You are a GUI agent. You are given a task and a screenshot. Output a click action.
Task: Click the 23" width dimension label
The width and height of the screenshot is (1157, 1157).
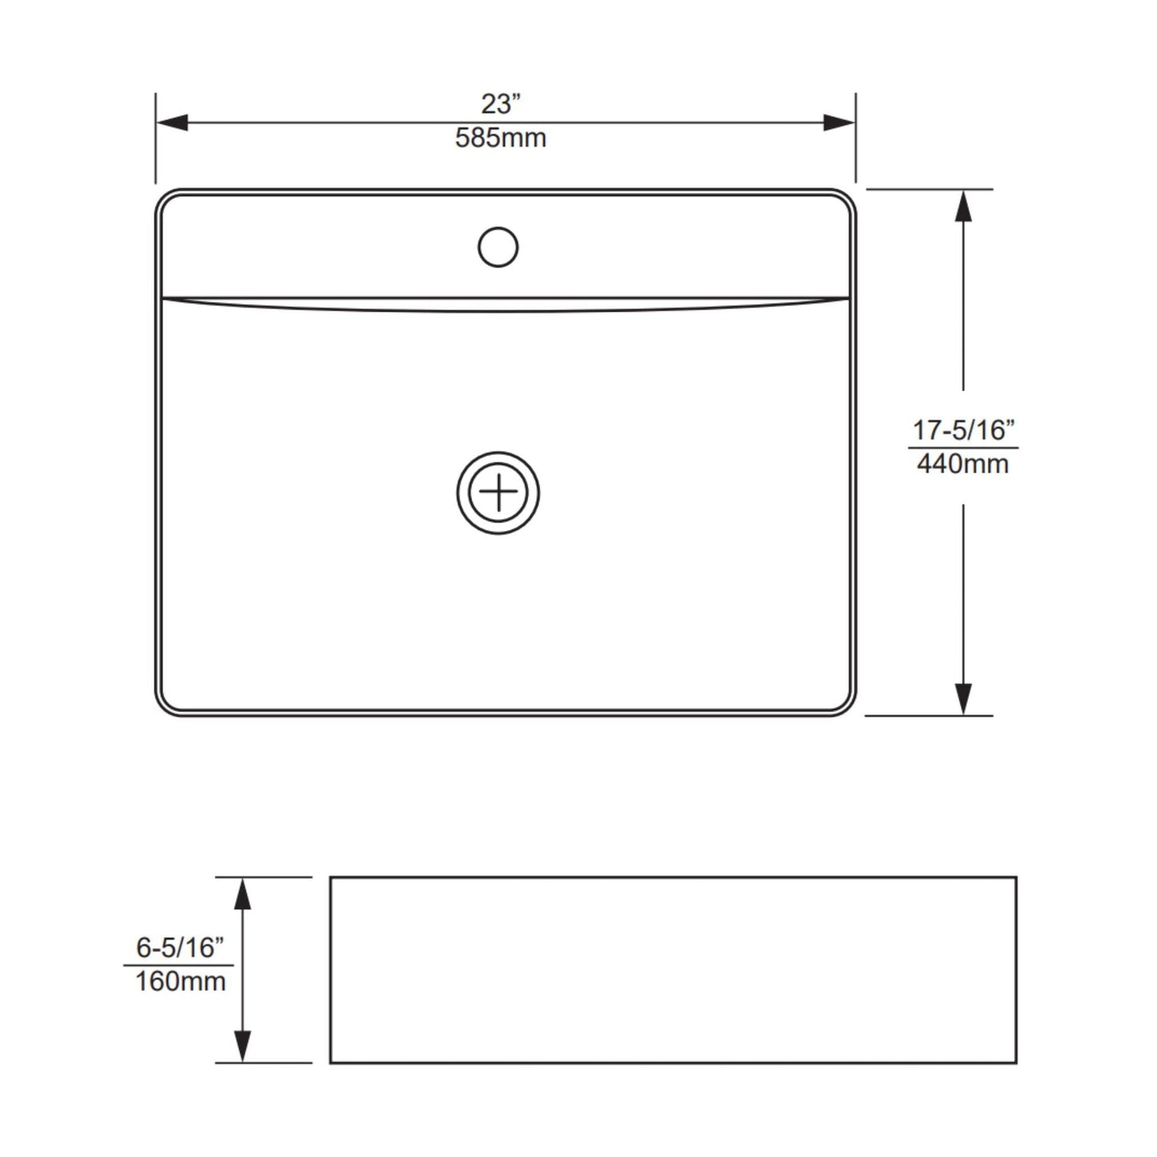coord(500,104)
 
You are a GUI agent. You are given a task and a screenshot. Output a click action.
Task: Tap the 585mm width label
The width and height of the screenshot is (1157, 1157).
coord(500,139)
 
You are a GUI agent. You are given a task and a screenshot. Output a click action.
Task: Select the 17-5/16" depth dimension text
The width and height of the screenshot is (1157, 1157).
coord(963,430)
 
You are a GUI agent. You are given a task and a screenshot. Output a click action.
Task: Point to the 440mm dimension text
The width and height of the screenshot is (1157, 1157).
coord(962,464)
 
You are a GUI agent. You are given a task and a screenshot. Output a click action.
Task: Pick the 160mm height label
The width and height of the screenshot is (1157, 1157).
coord(180,981)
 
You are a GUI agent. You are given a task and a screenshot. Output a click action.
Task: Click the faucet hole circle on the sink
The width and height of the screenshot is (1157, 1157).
coord(498,247)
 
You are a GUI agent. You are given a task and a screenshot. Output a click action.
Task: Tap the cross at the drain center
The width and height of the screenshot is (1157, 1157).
coord(498,492)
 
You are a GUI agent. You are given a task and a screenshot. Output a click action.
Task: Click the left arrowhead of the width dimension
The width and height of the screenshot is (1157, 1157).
coord(171,123)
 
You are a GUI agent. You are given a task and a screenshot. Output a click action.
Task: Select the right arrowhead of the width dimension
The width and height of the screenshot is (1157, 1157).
coord(840,123)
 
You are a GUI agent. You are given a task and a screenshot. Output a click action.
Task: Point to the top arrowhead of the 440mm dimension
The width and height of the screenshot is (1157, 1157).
coord(963,206)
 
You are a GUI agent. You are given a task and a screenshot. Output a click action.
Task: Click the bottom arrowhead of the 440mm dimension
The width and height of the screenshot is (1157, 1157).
coord(963,699)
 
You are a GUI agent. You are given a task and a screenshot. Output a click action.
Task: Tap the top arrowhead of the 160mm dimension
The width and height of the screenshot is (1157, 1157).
coord(242,893)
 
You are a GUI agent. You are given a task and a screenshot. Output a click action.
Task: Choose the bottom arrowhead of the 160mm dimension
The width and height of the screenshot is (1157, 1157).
coord(242,1047)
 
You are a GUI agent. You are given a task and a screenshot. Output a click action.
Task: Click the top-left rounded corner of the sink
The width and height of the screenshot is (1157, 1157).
coord(165,199)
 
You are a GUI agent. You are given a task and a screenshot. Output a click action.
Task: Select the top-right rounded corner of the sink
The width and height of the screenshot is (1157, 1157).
coord(846,199)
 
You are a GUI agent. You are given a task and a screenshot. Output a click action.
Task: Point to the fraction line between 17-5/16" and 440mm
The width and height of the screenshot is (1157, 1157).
coord(963,448)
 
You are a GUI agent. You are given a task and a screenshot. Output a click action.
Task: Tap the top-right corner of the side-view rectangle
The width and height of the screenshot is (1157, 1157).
coord(1016,878)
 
